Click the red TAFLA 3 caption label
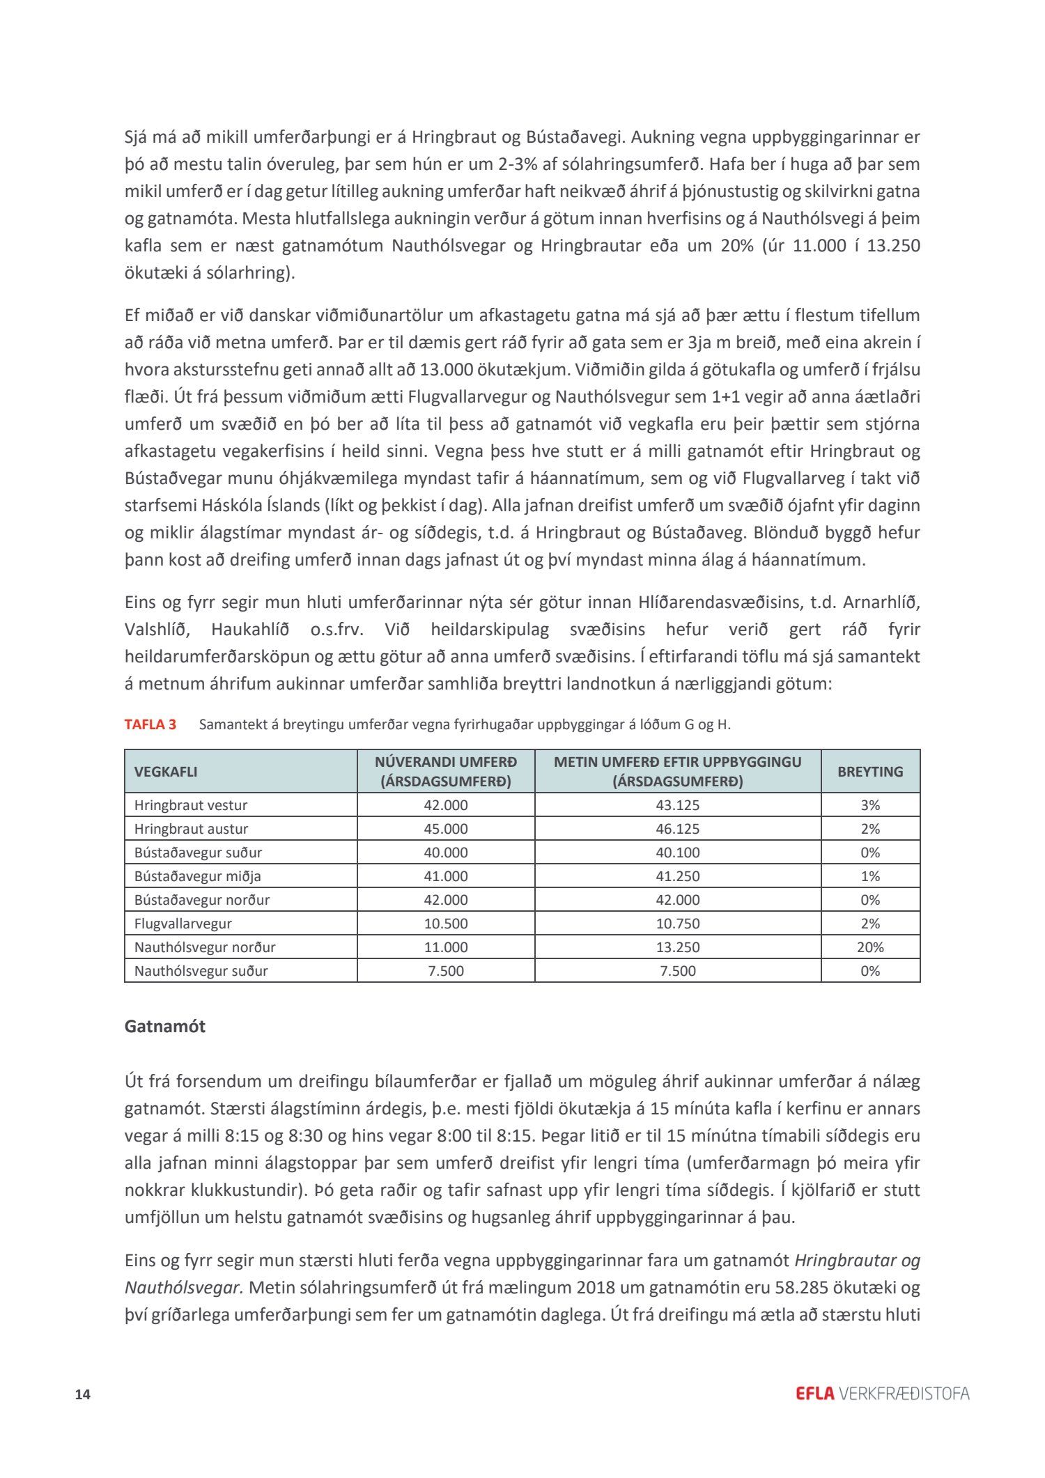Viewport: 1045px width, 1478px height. tap(150, 724)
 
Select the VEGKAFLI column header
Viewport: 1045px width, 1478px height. tap(166, 772)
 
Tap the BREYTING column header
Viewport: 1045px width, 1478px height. tap(870, 772)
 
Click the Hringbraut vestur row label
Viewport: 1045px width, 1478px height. tap(191, 805)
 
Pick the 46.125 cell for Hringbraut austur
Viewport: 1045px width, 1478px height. tap(678, 829)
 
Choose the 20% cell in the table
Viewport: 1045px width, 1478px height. tap(870, 947)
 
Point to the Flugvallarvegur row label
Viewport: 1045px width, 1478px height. tap(183, 924)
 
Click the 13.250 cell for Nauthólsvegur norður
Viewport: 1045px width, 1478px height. tap(678, 947)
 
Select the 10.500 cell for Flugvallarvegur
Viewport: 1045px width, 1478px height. tap(446, 924)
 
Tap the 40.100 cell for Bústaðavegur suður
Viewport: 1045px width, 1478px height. tap(678, 853)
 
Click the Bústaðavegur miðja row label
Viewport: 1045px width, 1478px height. tap(198, 876)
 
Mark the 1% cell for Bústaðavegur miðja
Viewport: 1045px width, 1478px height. tap(870, 876)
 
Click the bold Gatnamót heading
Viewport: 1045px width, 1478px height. tap(165, 1027)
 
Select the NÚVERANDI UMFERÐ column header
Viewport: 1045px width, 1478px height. tap(446, 772)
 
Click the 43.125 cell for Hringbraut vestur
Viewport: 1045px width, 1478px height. tap(678, 805)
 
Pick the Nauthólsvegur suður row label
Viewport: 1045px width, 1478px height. tap(201, 971)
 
